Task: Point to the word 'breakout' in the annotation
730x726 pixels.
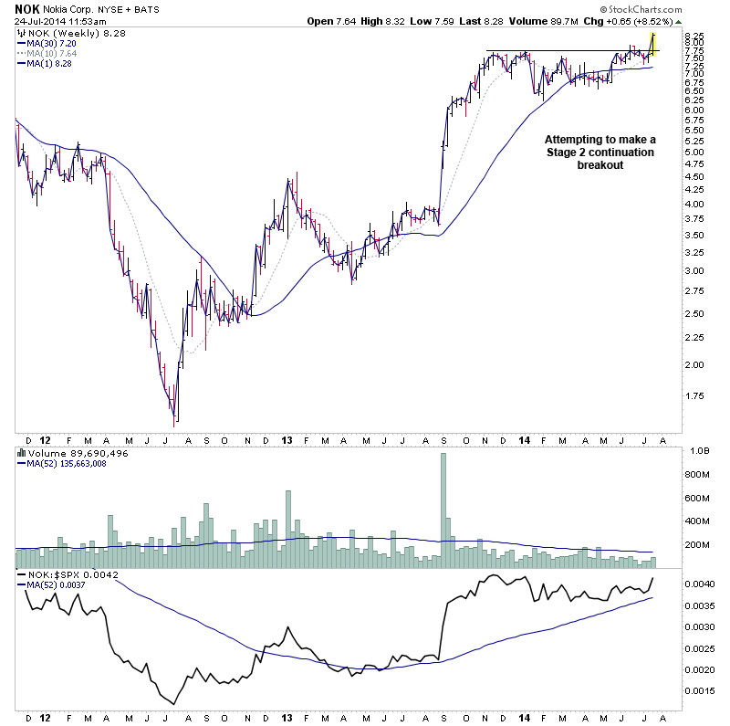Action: tap(600, 164)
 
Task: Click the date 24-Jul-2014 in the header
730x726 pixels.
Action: tap(36, 21)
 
